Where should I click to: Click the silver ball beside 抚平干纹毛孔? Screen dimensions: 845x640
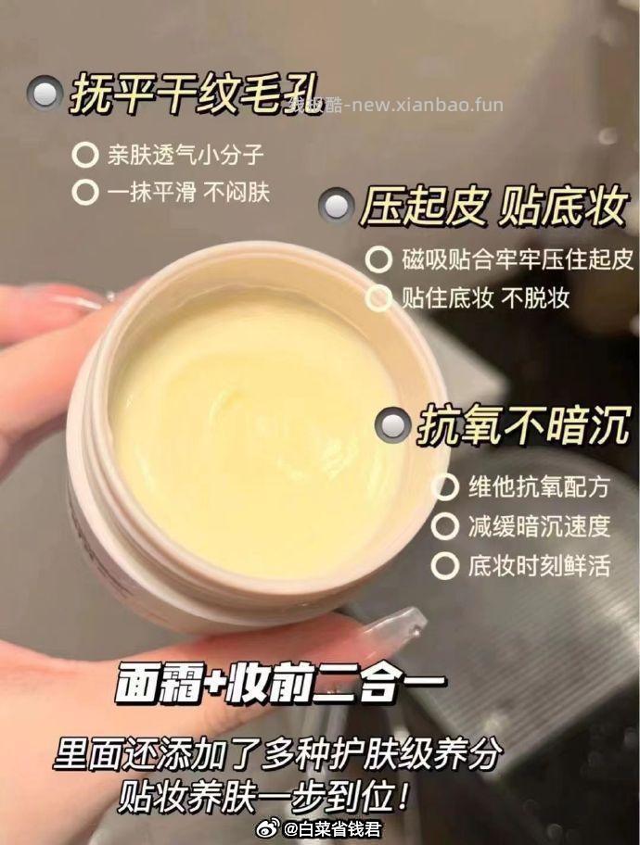pos(44,95)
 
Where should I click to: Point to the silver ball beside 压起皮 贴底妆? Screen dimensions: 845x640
pos(336,206)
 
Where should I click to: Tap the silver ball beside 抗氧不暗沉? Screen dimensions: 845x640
pos(392,426)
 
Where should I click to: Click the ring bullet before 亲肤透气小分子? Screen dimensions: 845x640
pos(85,154)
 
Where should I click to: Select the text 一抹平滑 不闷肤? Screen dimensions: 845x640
pos(187,192)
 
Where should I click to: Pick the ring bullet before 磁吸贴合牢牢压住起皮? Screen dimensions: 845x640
pos(378,259)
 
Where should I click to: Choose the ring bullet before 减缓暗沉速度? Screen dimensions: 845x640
pos(445,526)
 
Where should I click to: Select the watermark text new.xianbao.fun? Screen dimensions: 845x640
pos(423,104)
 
